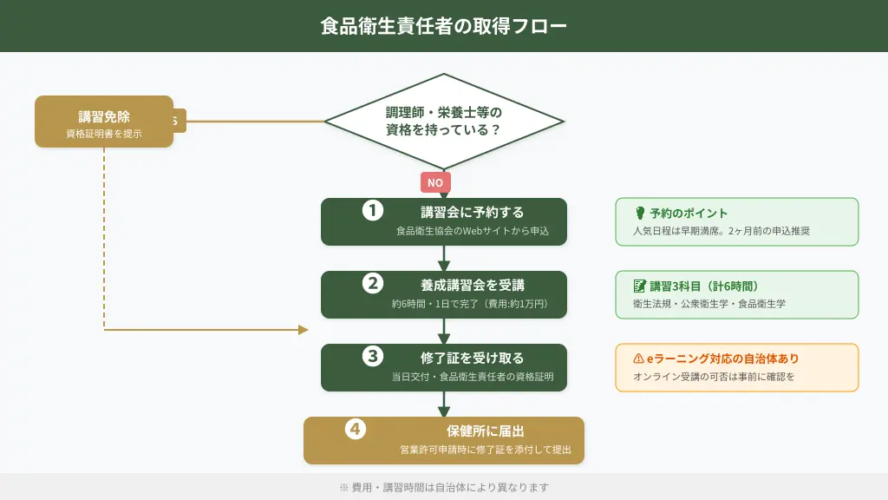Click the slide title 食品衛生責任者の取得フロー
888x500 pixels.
coord(444,26)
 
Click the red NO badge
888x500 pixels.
coord(435,182)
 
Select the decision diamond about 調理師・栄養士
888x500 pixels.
coord(444,122)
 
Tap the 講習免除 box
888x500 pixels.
coord(104,122)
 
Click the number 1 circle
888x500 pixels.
coord(373,210)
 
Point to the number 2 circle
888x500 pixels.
coord(373,283)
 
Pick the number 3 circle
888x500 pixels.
coord(373,356)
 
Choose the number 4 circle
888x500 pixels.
coord(356,429)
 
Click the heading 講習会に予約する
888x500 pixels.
coord(472,212)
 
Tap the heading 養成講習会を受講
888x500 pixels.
coord(472,285)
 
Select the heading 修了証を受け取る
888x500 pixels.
coord(472,358)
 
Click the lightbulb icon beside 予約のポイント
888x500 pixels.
coord(640,213)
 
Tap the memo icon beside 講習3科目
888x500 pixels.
coord(640,286)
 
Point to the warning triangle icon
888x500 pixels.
coord(639,359)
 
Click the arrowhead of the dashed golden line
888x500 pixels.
coord(304,330)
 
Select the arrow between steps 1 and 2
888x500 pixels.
coord(444,259)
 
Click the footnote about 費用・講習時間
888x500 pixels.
coord(444,487)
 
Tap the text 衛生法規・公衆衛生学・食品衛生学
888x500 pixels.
coord(709,304)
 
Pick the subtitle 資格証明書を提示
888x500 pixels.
coord(104,134)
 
